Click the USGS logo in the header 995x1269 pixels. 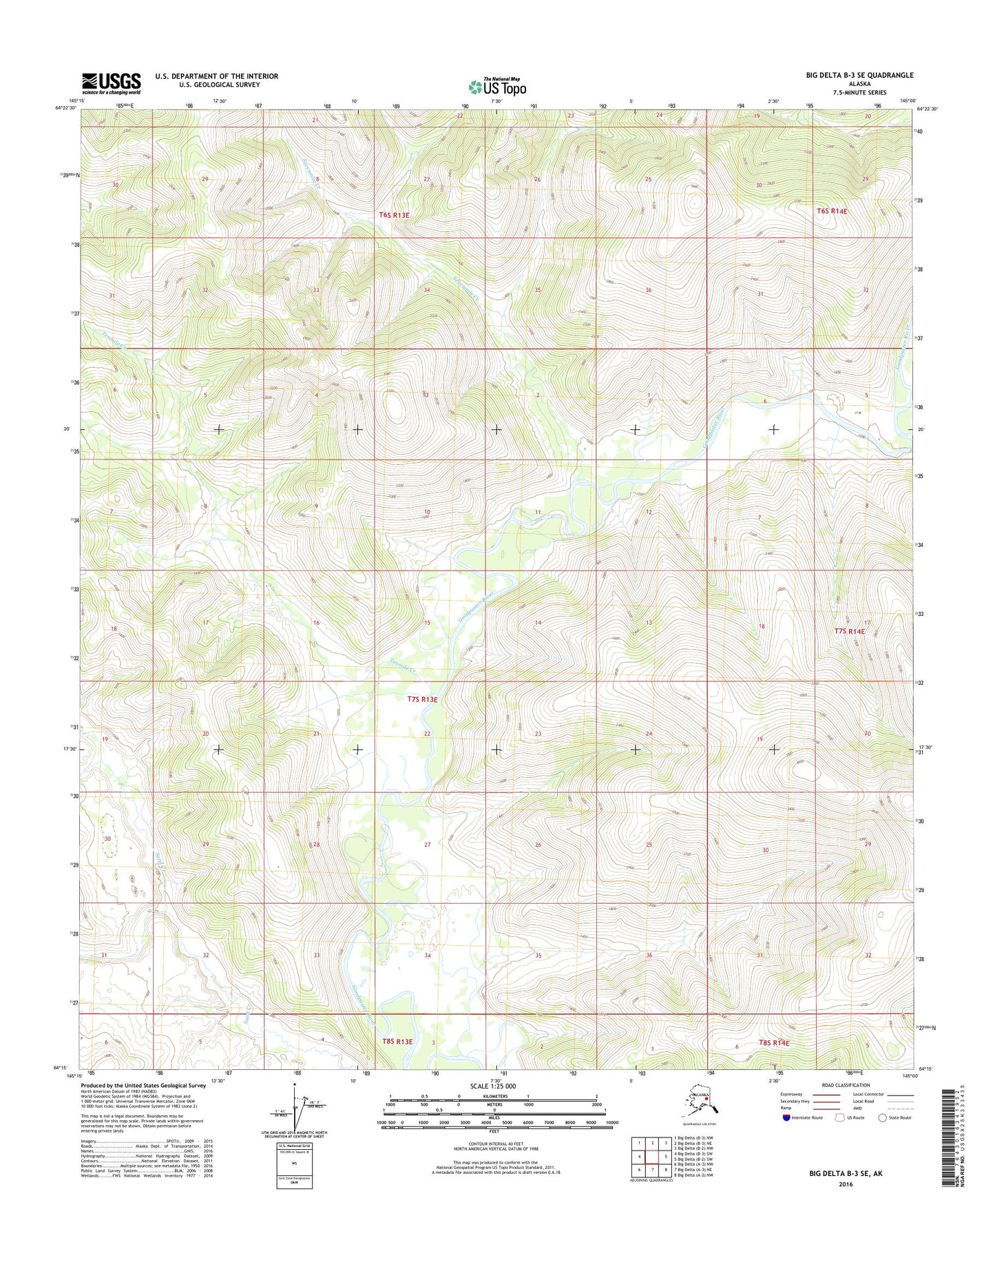pyautogui.click(x=111, y=83)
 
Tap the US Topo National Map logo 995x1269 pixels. pyautogui.click(x=497, y=86)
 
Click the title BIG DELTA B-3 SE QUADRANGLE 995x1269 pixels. pyautogui.click(x=859, y=75)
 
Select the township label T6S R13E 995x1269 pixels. pyautogui.click(x=394, y=215)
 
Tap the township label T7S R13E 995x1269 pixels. pyautogui.click(x=422, y=699)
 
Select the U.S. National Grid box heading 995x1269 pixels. pyautogui.click(x=294, y=1146)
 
